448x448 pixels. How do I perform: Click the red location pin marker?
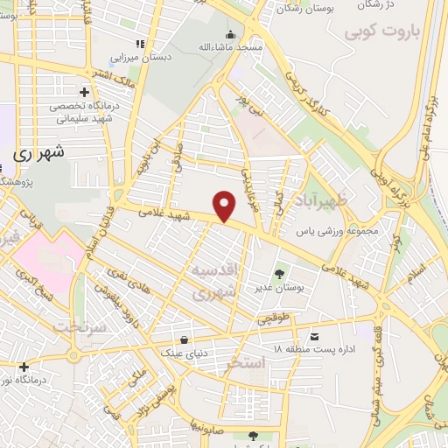coord(226,206)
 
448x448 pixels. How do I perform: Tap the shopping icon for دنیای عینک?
coord(184,339)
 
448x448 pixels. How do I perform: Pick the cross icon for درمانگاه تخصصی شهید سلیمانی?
coord(84,91)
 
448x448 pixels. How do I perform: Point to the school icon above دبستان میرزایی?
coord(138,43)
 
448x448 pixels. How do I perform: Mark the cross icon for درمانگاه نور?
coord(24,367)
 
